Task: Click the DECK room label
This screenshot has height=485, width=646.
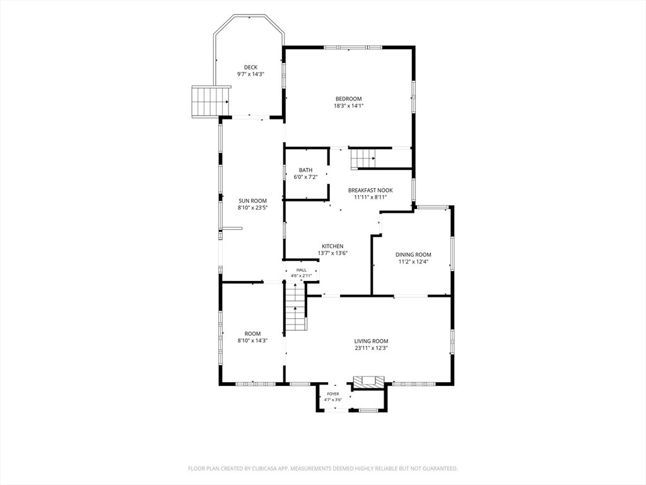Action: tap(250, 67)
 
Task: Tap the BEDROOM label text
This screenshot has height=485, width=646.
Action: tap(348, 99)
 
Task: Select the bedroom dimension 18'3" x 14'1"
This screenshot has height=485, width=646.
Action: tap(348, 105)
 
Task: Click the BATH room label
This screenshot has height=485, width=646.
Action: tap(306, 170)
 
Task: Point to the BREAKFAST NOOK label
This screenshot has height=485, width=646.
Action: tap(370, 190)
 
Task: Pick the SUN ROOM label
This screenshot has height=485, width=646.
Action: tap(252, 201)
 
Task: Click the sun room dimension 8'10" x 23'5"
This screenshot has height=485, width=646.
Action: tap(252, 208)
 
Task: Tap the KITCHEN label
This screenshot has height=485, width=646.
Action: tap(332, 246)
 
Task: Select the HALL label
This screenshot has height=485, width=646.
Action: tap(301, 270)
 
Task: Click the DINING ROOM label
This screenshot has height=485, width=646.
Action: tap(413, 254)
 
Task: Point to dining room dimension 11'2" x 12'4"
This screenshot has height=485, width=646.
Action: tap(413, 261)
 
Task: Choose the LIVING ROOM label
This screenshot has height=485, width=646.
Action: tap(371, 341)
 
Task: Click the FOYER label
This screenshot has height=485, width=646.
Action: tap(333, 394)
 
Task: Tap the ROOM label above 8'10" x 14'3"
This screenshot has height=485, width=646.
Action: tap(252, 333)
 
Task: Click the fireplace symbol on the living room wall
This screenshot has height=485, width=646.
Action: tap(368, 382)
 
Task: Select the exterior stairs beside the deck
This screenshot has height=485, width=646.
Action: tap(211, 102)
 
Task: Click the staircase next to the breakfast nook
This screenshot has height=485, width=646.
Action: tap(363, 159)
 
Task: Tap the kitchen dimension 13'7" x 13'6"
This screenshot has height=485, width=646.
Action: tap(332, 253)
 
